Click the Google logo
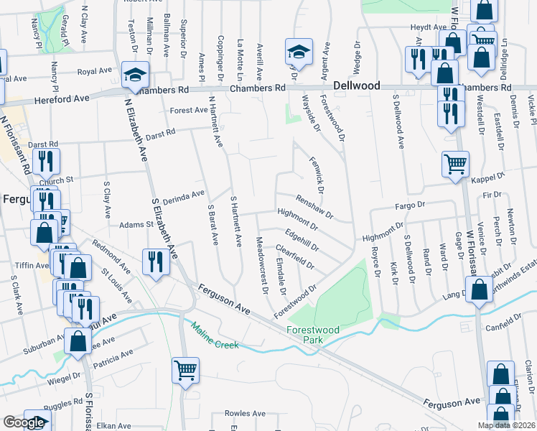click(24, 422)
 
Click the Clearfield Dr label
click(295, 256)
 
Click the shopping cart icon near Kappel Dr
click(456, 164)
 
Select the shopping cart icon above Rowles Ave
click(185, 371)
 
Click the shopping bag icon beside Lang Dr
click(478, 290)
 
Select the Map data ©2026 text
click(505, 425)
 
